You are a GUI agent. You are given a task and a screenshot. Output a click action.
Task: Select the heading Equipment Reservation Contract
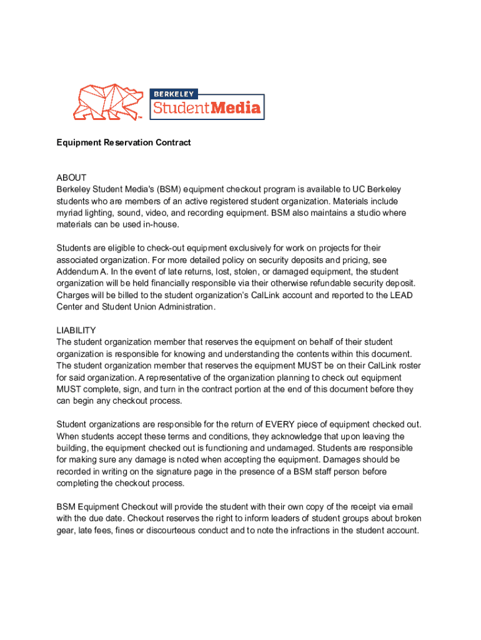pyautogui.click(x=124, y=142)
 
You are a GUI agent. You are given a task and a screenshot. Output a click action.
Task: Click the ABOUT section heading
pyautogui.click(x=71, y=177)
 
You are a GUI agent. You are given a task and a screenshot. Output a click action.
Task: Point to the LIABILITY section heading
pyautogui.click(x=76, y=330)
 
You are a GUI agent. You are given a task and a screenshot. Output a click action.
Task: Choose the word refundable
pyautogui.click(x=332, y=284)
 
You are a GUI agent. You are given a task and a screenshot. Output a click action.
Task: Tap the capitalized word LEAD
pyautogui.click(x=400, y=295)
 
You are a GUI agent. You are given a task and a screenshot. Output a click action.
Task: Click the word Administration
pyautogui.click(x=184, y=307)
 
